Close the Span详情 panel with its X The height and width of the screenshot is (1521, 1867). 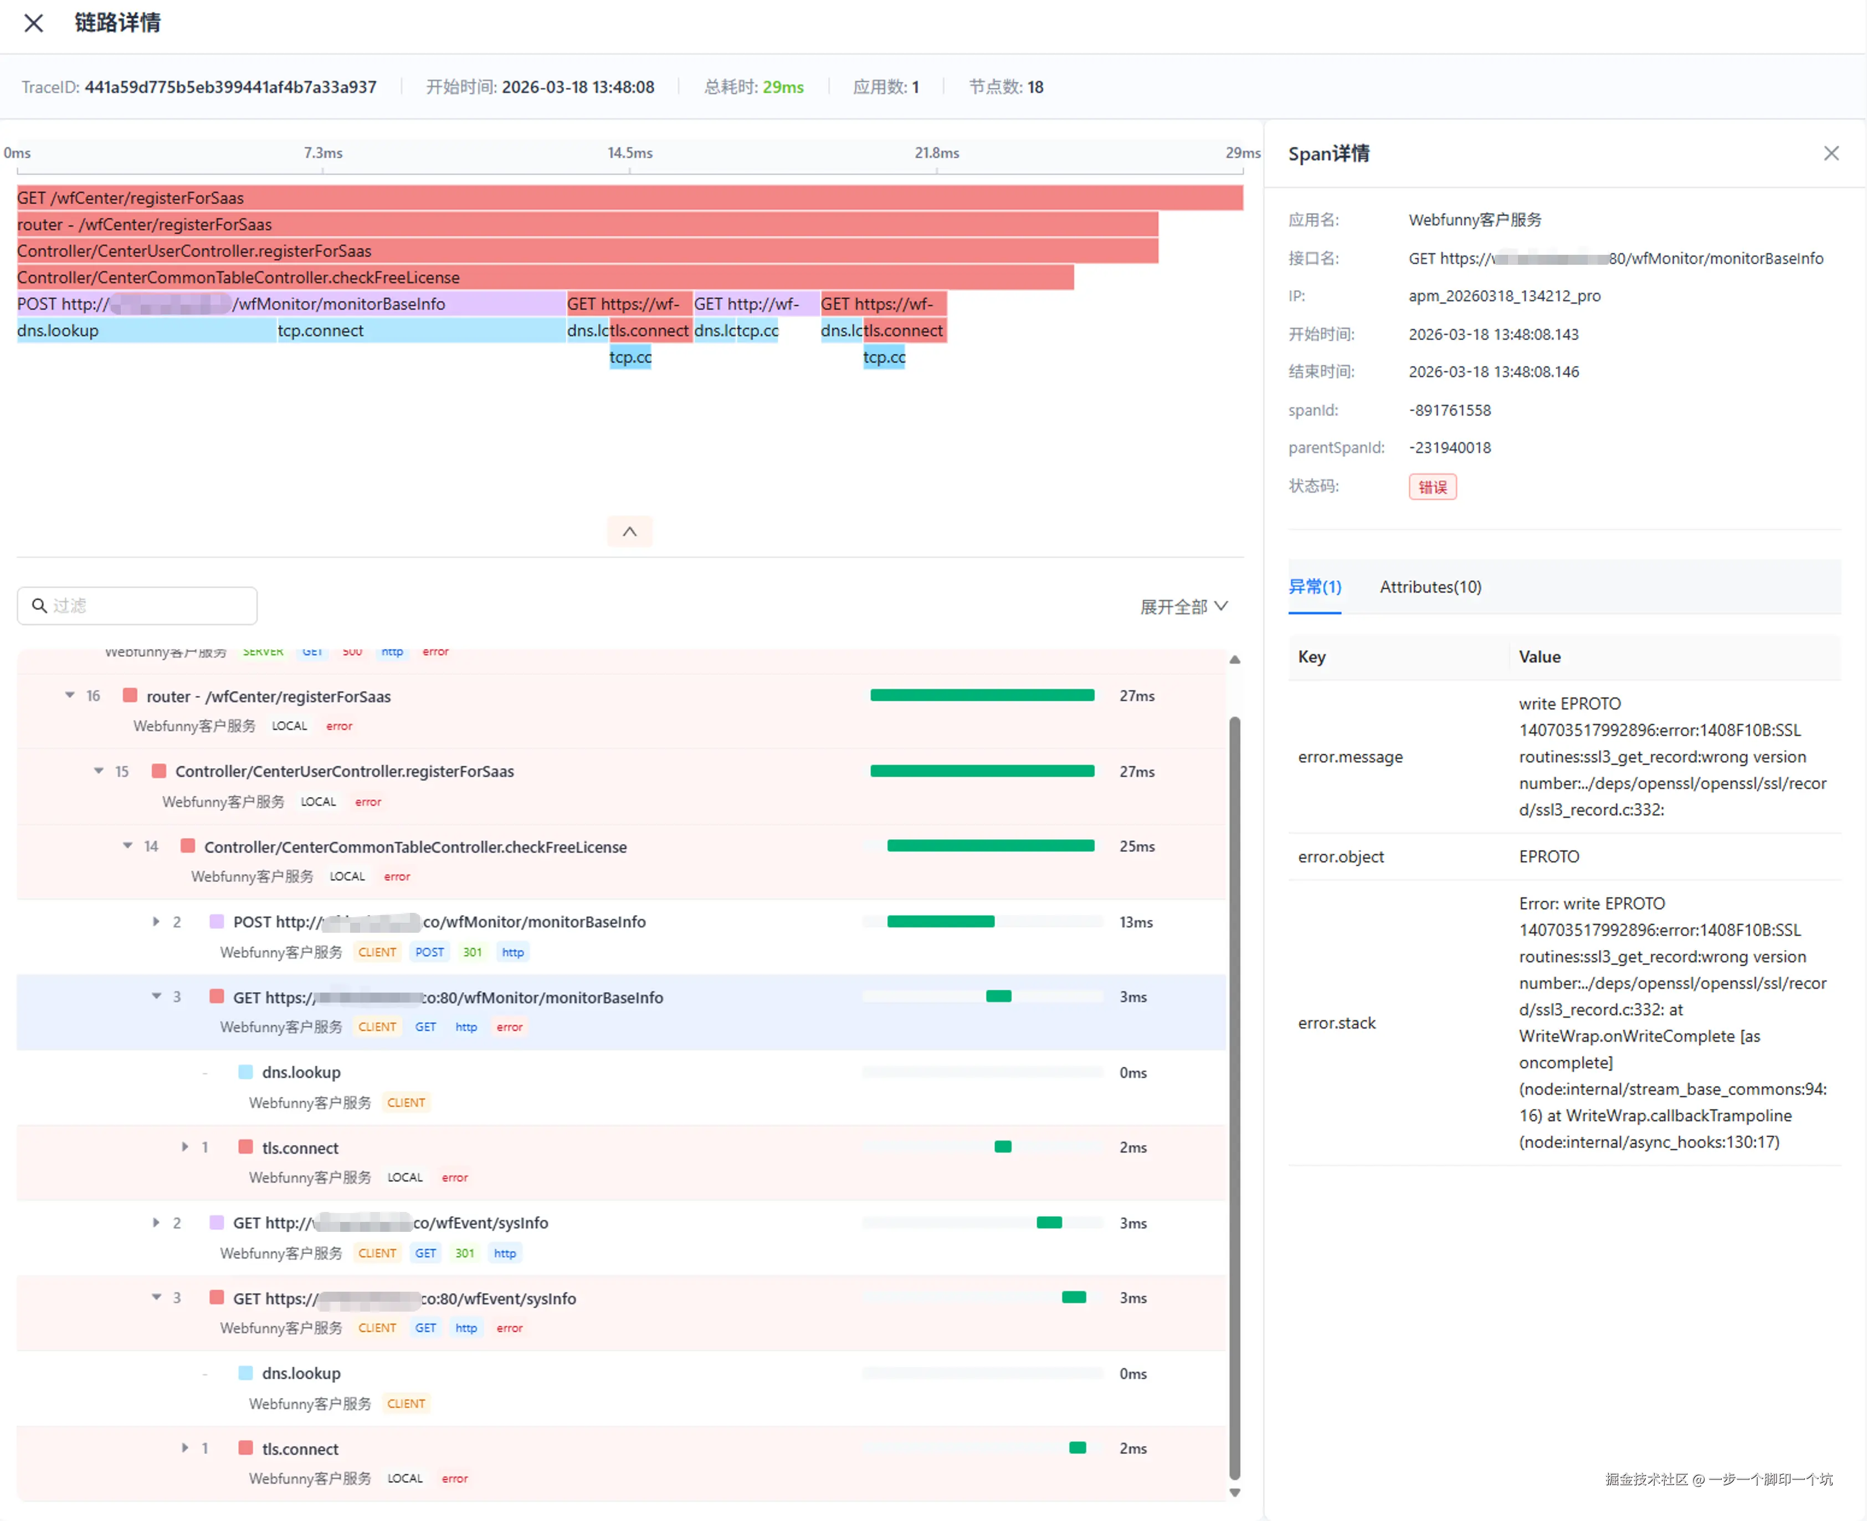point(1830,153)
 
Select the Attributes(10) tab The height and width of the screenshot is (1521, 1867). point(1430,587)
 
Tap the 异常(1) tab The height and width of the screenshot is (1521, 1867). point(1314,587)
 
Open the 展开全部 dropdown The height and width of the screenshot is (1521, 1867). point(1183,607)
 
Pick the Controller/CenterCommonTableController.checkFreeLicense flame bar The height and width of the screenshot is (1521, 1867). point(545,278)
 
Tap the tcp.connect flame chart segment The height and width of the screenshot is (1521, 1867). point(420,330)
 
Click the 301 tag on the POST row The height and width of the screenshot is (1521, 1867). point(472,952)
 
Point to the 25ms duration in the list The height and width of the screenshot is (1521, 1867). point(1136,846)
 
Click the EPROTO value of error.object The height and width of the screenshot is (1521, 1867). point(1548,857)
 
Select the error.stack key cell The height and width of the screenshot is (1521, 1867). point(1336,1024)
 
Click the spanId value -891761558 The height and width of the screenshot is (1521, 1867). point(1449,410)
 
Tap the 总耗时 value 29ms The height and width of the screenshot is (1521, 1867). point(782,88)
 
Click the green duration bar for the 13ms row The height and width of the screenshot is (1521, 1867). point(940,922)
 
